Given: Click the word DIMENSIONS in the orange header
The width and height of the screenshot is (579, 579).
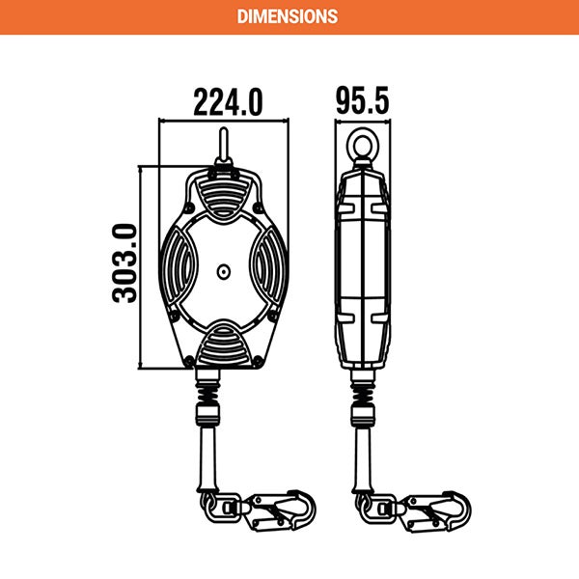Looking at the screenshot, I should coord(289,16).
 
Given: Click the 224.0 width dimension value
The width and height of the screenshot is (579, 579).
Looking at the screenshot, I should coord(228,101).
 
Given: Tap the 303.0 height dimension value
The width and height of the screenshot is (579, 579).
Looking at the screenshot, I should coord(124,262).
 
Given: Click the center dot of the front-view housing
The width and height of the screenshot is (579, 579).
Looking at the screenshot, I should coord(224,272).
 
